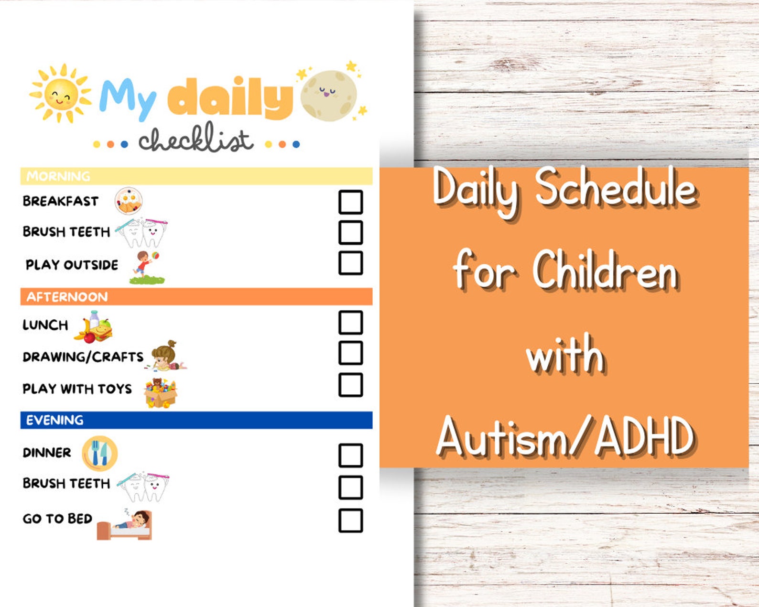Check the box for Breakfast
350,202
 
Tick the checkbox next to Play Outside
350,263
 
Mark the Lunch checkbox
350,323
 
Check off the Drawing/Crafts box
350,353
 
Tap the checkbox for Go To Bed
350,520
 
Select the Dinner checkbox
350,455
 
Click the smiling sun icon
60,93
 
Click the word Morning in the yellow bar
58,176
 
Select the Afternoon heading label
67,297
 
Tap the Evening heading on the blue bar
54,420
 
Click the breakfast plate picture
129,201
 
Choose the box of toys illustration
161,393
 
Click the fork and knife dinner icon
99,453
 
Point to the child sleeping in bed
126,525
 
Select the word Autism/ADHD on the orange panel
565,436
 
